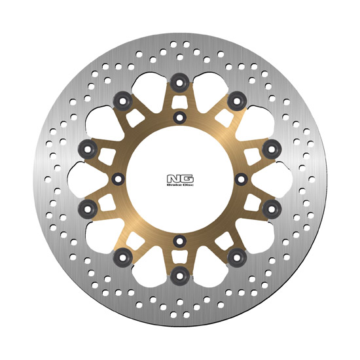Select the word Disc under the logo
click(188, 185)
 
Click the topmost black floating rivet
click(180, 82)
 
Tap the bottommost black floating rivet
click(180, 276)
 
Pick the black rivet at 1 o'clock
click(237, 101)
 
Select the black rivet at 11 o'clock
click(123, 101)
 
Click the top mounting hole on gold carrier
click(180, 118)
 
